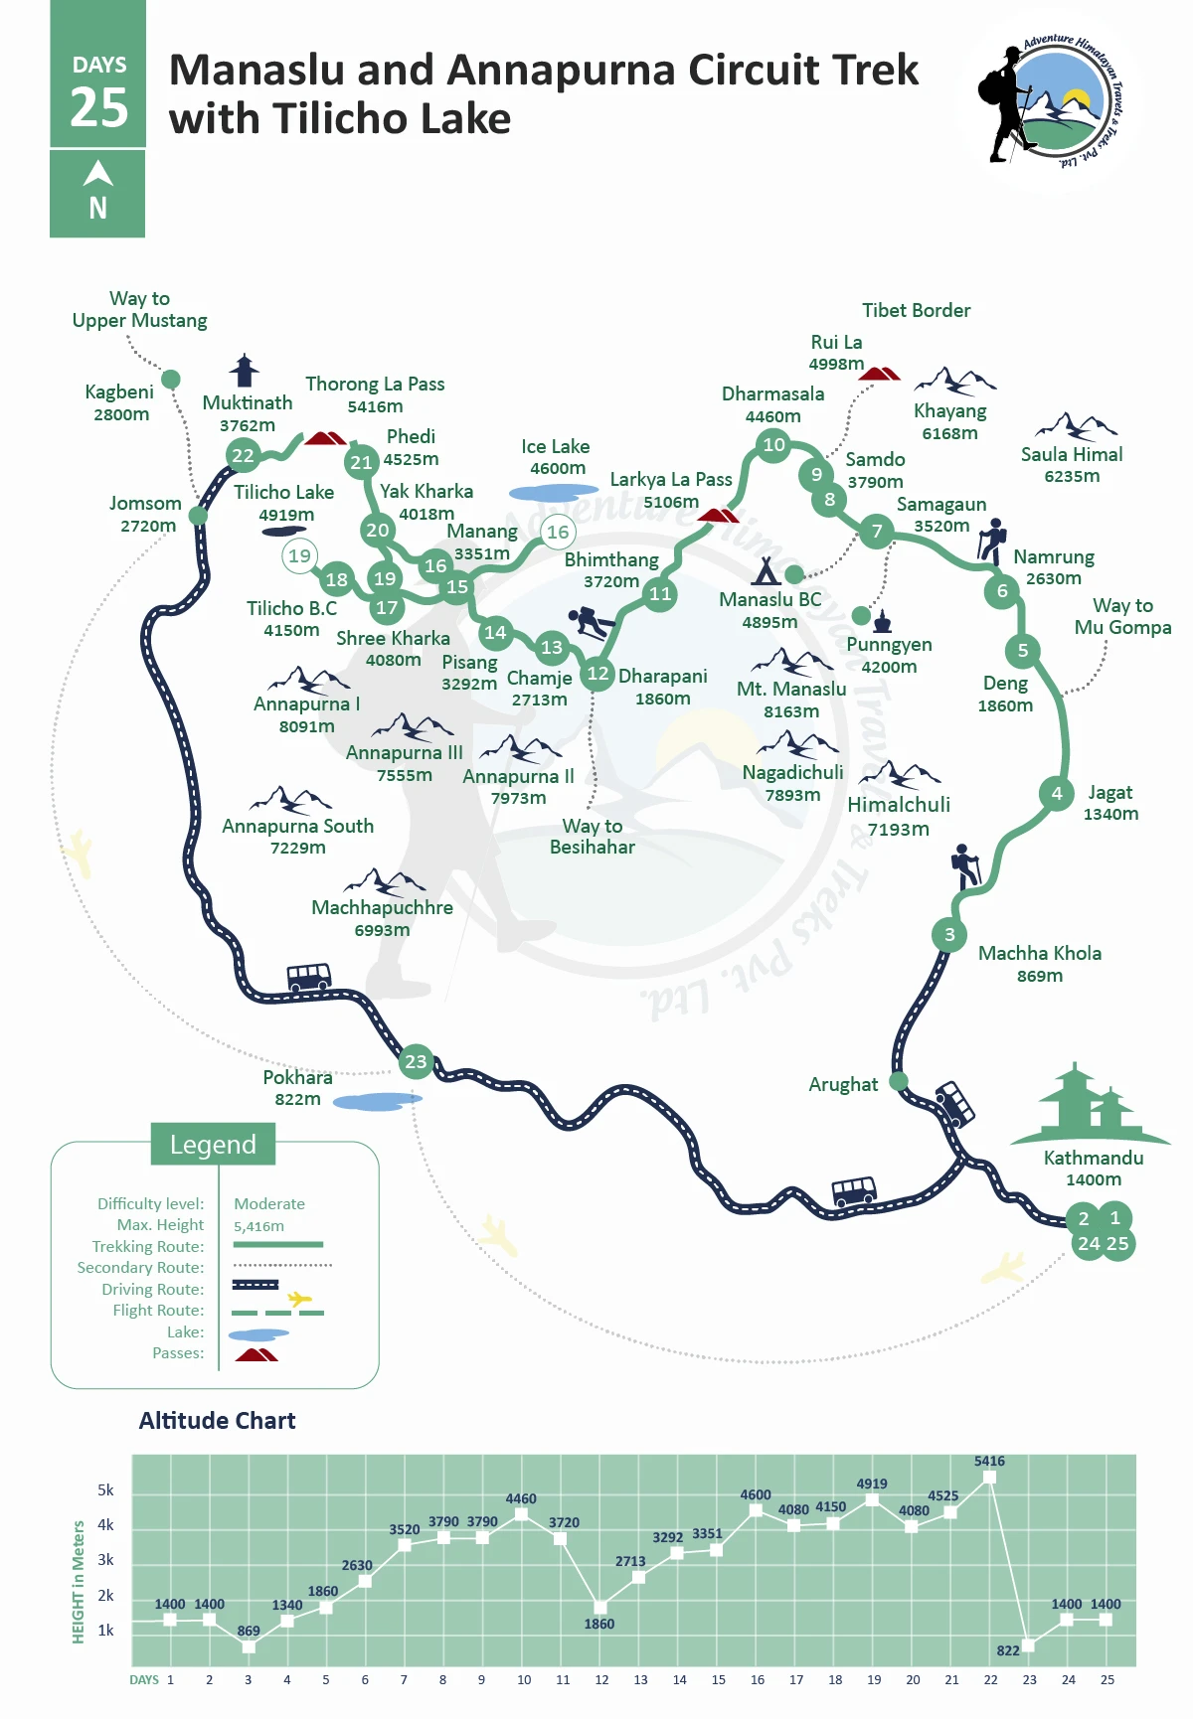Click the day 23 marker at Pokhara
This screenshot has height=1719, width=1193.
click(x=416, y=1061)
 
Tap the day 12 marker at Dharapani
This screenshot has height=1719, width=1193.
click(x=597, y=674)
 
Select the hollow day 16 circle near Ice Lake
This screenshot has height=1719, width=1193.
click(x=559, y=532)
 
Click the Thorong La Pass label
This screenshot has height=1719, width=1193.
click(x=375, y=385)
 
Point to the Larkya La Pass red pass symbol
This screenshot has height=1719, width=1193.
click(x=718, y=515)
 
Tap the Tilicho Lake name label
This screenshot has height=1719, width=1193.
click(x=284, y=493)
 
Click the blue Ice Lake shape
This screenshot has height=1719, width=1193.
click(x=553, y=492)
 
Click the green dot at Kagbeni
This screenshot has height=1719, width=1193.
click(x=171, y=379)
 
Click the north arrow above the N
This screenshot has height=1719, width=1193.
click(x=97, y=173)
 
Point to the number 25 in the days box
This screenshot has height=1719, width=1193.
click(x=99, y=107)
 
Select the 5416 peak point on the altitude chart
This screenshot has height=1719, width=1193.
click(x=989, y=1478)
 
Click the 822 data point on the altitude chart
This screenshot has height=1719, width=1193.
click(x=1029, y=1645)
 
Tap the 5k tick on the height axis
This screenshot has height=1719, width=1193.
click(x=105, y=1490)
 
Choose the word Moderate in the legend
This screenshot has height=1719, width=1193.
click(x=269, y=1204)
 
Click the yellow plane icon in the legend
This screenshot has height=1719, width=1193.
click(x=299, y=1298)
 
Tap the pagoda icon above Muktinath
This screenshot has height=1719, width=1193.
click(x=244, y=370)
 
